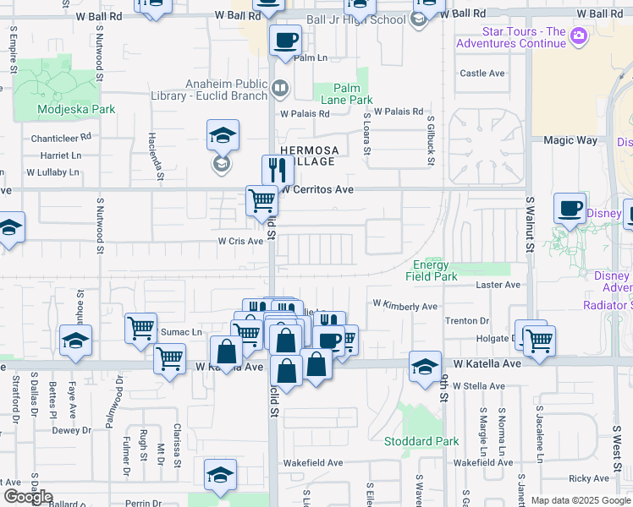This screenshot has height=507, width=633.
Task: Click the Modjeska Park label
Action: [x=64, y=109]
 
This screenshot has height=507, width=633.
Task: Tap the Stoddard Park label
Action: [x=421, y=441]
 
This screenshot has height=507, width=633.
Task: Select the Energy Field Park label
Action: [x=432, y=270]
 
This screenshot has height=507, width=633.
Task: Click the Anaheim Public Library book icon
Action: [x=280, y=86]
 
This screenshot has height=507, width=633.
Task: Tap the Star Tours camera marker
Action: [x=579, y=35]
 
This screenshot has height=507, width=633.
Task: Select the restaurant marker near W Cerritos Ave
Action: [x=278, y=169]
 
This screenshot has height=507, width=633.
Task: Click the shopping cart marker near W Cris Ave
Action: [x=261, y=201]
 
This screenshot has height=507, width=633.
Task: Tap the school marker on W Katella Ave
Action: [x=425, y=365]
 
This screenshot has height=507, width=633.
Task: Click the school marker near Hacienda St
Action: [x=223, y=134]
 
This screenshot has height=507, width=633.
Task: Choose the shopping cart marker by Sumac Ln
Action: [x=140, y=328]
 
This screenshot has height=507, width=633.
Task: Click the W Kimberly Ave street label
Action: [x=405, y=305]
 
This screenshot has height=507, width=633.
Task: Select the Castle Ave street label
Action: [x=482, y=74]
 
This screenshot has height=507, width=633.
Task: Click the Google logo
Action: [x=29, y=497]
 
